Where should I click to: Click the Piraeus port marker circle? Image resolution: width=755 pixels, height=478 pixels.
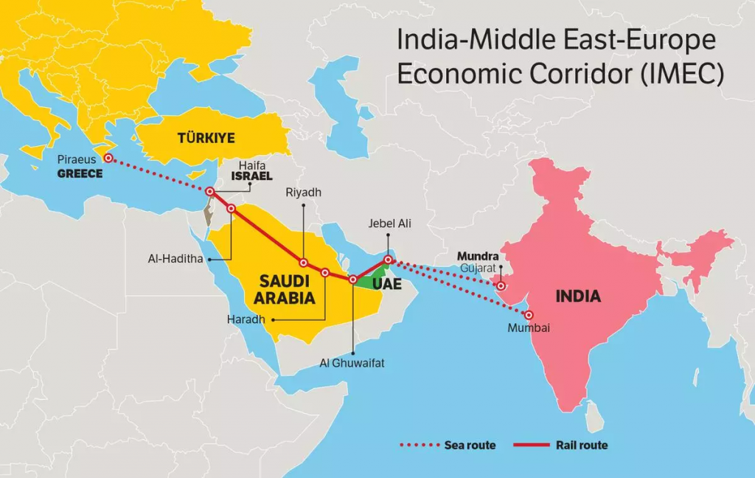click(108, 158)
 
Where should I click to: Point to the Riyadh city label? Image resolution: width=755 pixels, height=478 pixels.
click(304, 193)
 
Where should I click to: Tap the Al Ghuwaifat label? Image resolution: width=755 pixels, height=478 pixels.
click(352, 363)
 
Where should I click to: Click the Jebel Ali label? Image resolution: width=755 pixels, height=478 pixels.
click(386, 224)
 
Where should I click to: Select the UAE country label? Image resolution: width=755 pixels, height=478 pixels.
click(386, 284)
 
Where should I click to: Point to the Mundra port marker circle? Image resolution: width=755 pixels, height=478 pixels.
click(501, 286)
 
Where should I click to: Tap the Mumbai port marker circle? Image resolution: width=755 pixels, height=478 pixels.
click(529, 315)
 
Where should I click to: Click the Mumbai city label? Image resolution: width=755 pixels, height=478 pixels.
click(529, 328)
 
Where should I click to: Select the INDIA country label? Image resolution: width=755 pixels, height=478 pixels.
click(578, 297)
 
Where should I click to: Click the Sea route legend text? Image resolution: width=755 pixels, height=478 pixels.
click(470, 445)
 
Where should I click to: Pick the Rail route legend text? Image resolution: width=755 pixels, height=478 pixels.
click(582, 445)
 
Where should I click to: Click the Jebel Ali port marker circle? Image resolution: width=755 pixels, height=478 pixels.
click(388, 260)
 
